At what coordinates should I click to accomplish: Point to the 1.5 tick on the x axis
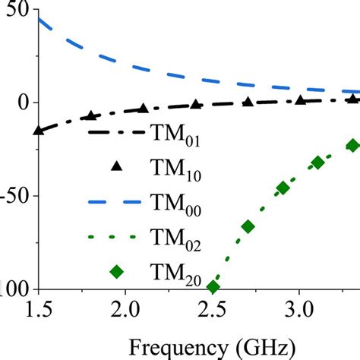pos(36,311)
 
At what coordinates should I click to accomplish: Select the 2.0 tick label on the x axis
pos(124,311)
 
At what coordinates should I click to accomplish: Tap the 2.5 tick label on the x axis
pos(212,311)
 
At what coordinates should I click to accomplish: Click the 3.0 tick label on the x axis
pos(299,311)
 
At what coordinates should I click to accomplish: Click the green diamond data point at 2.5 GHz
pos(213,287)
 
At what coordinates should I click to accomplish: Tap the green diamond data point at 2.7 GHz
pos(248,226)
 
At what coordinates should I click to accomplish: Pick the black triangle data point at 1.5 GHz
pos(38,131)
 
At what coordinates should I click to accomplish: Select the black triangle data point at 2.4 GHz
pos(195,105)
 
